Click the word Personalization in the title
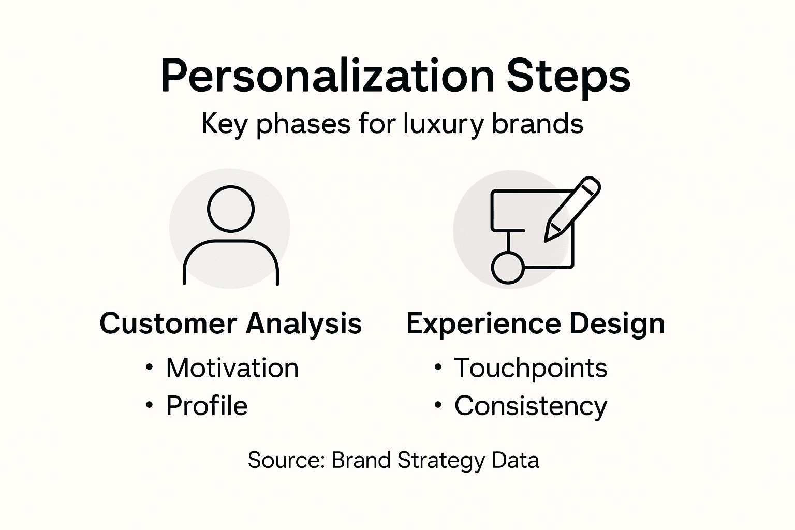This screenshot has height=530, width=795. coord(327,77)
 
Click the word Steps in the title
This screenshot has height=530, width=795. coord(568,77)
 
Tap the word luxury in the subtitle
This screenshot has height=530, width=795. coord(443,124)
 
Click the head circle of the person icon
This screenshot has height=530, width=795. coord(231,209)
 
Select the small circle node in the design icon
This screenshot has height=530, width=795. coord(507,267)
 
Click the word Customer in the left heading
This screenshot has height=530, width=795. coord(168,323)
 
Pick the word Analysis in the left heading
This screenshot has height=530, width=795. coord(304,323)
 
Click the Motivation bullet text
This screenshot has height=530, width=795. coord(232,368)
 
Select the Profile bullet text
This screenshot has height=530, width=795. coord(207,405)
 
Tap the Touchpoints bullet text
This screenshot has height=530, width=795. coord(531,368)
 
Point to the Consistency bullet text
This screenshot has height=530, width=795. coord(531,406)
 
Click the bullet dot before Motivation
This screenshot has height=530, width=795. coord(150,367)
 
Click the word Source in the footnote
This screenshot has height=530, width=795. coord(286,460)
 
